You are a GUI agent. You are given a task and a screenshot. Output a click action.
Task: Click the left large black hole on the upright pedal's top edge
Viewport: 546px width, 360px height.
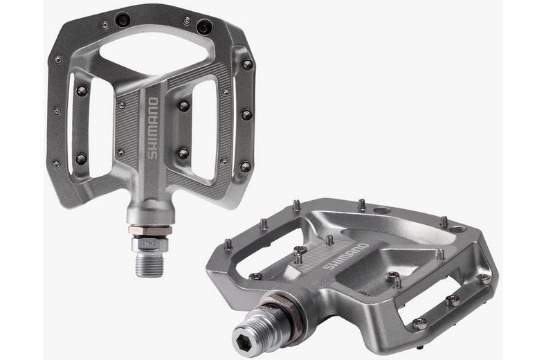point(123,21)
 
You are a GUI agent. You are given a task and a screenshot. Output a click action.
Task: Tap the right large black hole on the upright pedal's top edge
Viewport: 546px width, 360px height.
point(203,27)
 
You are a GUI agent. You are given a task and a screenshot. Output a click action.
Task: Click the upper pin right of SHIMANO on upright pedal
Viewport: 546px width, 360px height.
point(184,106)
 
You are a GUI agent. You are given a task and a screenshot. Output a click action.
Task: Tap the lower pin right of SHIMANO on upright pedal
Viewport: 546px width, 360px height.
point(183,154)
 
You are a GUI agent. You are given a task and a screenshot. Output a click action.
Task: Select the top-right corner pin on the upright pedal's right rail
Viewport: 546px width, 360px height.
point(247,64)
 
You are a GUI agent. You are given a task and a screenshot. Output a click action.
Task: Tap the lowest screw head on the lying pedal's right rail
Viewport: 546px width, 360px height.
point(419,323)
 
